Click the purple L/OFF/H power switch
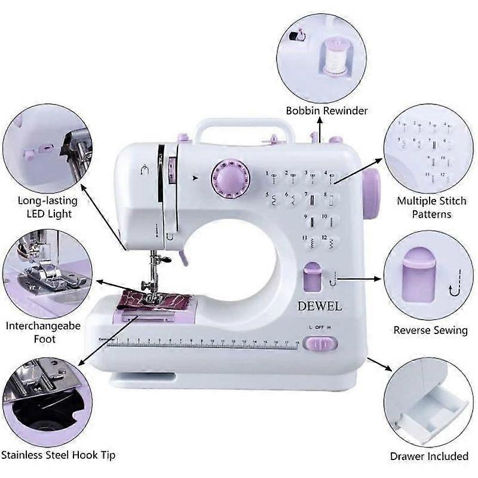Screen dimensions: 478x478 pyautogui.click(x=320, y=344)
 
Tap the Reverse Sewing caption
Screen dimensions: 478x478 pyautogui.click(x=430, y=330)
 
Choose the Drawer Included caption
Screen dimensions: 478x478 pyautogui.click(x=429, y=456)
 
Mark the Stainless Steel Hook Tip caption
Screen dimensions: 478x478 pyautogui.click(x=57, y=455)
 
